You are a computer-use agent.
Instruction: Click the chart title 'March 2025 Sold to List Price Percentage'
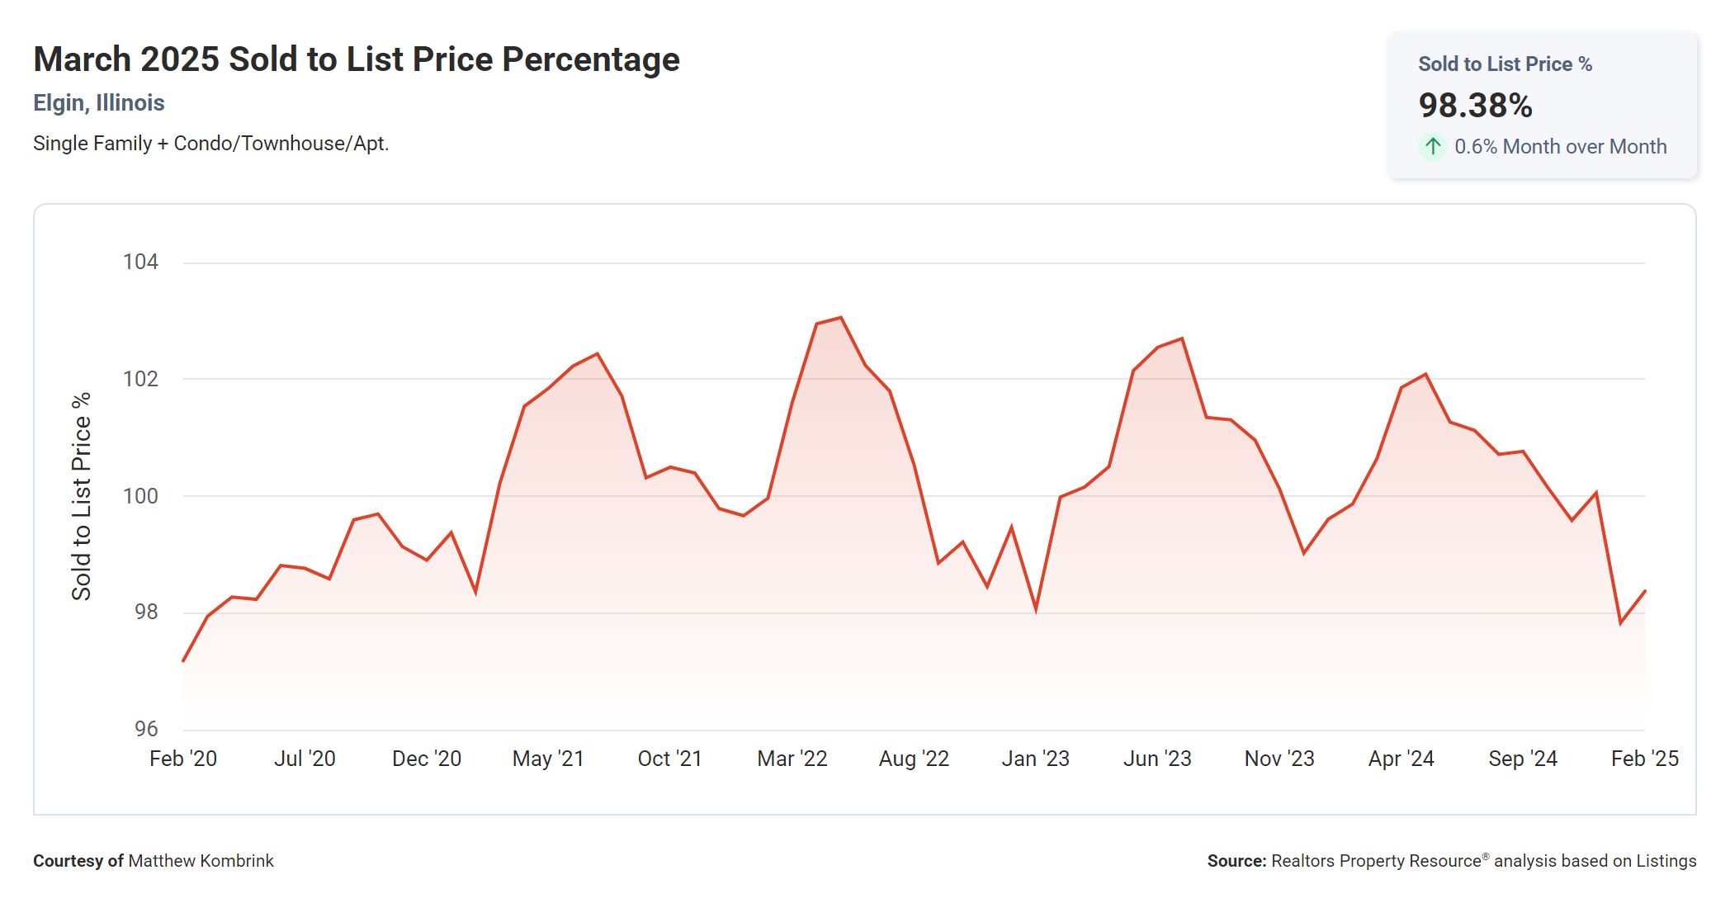(357, 59)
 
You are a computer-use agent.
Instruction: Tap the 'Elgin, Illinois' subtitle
(99, 103)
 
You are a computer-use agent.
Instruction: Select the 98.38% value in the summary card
(1475, 106)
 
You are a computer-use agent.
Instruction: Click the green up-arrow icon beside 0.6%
(1433, 147)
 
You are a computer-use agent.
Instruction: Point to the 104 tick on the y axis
(140, 262)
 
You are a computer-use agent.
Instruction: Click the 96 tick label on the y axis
(146, 729)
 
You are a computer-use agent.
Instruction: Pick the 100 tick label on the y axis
(140, 496)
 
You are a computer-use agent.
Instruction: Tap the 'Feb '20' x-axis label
(183, 759)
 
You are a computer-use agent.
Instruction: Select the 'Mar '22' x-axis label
(792, 759)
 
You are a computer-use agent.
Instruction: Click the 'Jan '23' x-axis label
(1035, 759)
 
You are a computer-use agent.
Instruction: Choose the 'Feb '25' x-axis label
(1644, 759)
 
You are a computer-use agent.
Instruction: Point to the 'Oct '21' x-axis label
(669, 759)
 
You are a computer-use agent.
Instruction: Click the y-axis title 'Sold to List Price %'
(81, 496)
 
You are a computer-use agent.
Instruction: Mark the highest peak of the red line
(840, 318)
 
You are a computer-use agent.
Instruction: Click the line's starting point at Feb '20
(183, 660)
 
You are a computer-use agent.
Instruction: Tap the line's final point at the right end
(1645, 591)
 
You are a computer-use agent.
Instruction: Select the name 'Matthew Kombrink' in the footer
(201, 861)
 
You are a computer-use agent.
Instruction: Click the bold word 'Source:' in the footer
(1236, 861)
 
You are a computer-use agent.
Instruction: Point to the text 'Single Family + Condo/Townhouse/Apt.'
(210, 144)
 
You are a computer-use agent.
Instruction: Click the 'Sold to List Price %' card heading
(1505, 64)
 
